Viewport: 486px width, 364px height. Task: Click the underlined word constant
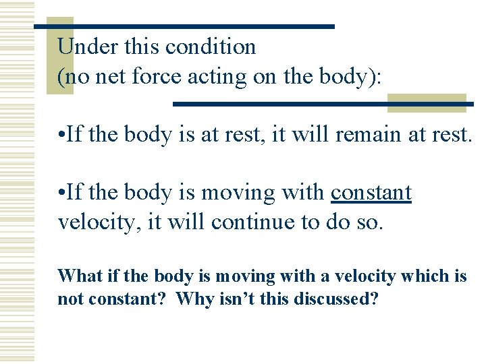[371, 193]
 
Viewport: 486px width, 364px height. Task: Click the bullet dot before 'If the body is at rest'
[61, 135]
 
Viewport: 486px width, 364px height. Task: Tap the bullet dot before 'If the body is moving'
[61, 193]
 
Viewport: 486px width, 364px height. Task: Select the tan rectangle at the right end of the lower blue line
[426, 102]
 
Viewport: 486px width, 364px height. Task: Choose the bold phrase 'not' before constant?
[69, 299]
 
